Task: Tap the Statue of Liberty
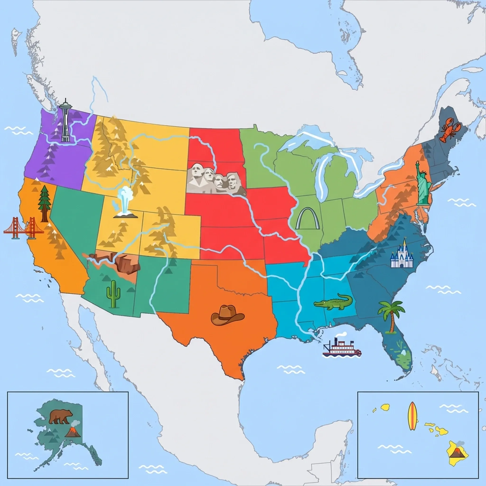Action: point(423,184)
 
